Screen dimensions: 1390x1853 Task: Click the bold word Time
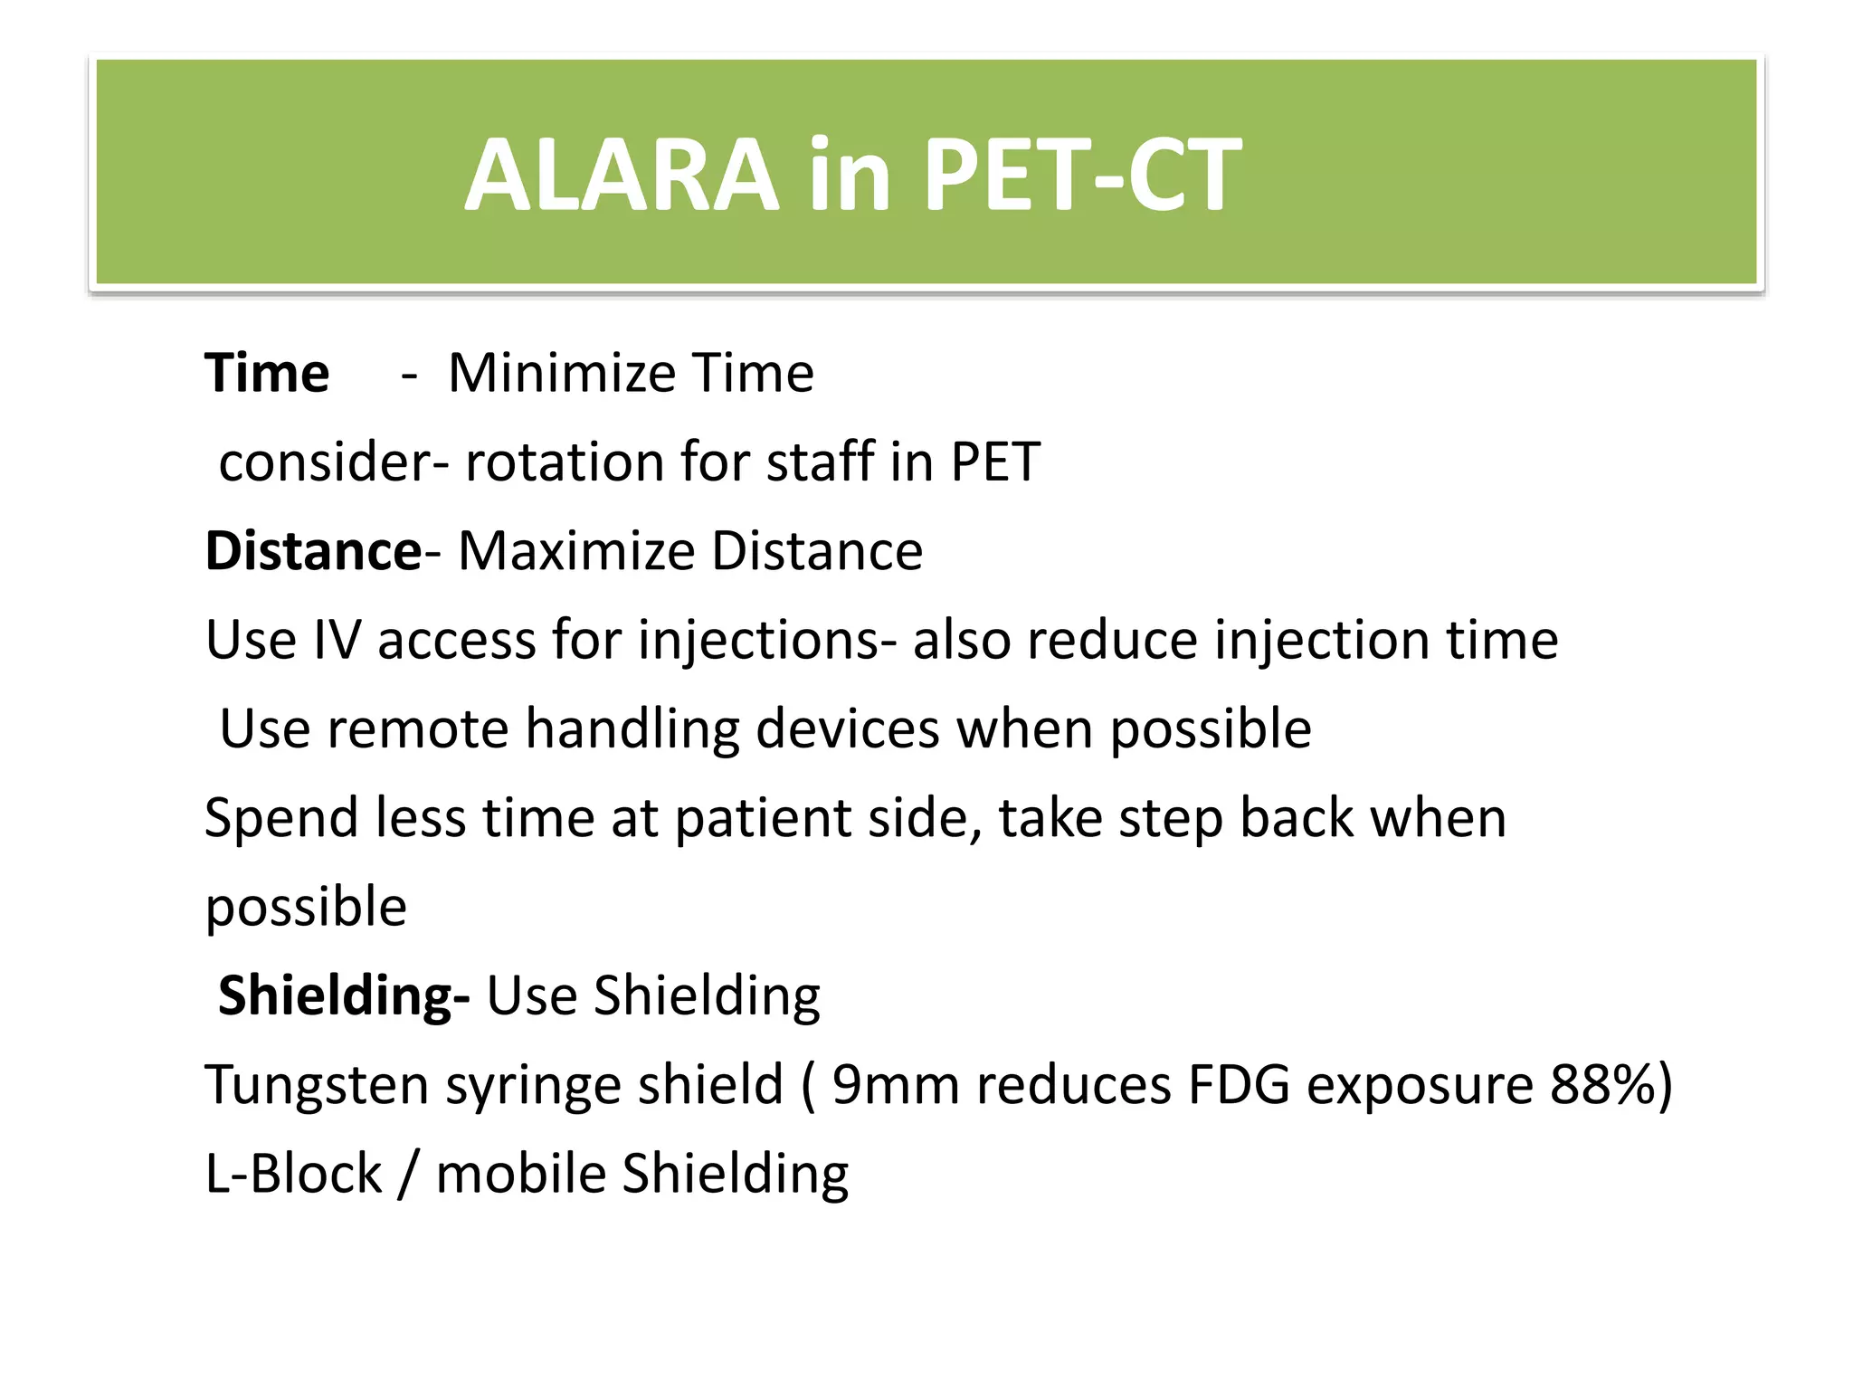click(267, 373)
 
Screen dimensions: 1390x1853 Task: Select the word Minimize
click(561, 373)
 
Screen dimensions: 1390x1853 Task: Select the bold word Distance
click(312, 550)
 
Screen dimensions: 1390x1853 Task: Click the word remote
click(417, 728)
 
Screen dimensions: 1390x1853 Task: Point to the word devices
click(847, 728)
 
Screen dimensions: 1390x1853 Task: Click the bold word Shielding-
click(344, 995)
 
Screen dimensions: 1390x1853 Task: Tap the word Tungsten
click(316, 1084)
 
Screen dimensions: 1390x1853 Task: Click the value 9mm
click(895, 1084)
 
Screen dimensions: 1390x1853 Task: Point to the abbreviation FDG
click(1239, 1084)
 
